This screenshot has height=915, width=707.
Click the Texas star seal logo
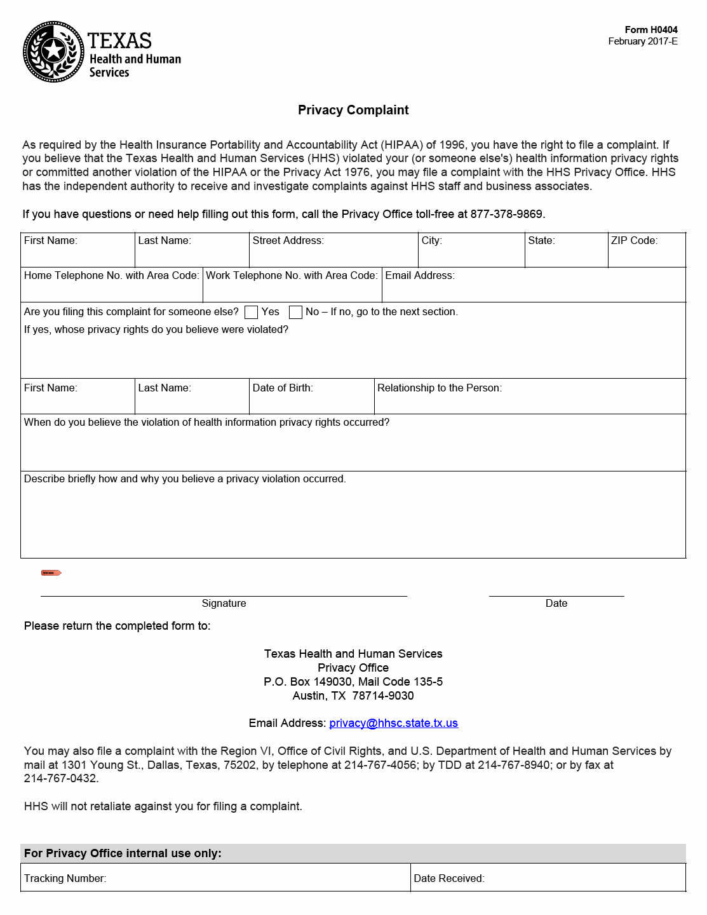click(x=53, y=52)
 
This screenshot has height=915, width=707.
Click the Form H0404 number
click(x=650, y=30)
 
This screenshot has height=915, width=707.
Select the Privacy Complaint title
click(x=353, y=110)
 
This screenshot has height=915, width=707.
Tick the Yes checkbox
click(x=252, y=312)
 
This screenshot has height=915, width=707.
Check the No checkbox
click(x=295, y=312)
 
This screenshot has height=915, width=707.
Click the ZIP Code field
click(x=647, y=254)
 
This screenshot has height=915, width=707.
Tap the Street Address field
click(x=333, y=254)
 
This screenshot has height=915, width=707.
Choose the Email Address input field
click(x=534, y=290)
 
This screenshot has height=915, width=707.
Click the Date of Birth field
click(x=311, y=402)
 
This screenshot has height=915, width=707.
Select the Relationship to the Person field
click(x=530, y=402)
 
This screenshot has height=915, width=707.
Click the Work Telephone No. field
click(x=292, y=290)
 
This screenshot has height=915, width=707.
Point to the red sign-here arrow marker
click(x=51, y=573)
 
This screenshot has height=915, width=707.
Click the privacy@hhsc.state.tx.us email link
click(x=393, y=723)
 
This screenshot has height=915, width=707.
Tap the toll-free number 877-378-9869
click(x=506, y=214)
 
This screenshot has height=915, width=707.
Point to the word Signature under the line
click(x=224, y=604)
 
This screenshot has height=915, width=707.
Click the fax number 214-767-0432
click(x=60, y=778)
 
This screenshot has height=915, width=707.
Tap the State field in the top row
click(x=566, y=254)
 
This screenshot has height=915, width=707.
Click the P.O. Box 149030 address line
click(x=353, y=682)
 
